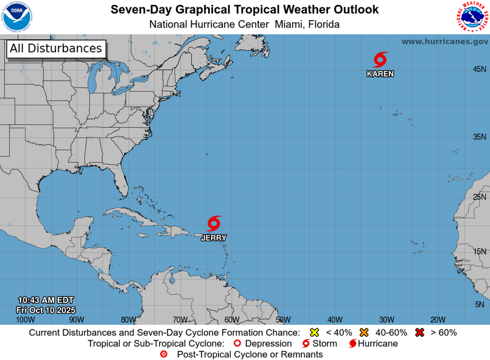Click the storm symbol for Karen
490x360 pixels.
click(380, 60)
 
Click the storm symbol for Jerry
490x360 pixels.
click(214, 224)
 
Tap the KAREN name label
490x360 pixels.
click(380, 74)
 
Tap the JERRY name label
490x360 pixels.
click(214, 238)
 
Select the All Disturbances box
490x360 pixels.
click(56, 49)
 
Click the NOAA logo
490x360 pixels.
click(17, 16)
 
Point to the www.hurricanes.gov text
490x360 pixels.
click(444, 41)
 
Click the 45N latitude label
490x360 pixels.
click(479, 69)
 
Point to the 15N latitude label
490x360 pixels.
click(479, 251)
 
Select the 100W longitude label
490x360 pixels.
click(25, 319)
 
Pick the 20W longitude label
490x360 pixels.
click(438, 319)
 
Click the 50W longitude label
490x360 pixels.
click(283, 319)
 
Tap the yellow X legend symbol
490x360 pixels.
click(315, 333)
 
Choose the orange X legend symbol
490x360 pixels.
click(365, 333)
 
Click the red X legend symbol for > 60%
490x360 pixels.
click(419, 333)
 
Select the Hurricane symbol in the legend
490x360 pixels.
click(352, 344)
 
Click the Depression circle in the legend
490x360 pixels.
click(237, 344)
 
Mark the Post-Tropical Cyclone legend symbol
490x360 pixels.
click(163, 354)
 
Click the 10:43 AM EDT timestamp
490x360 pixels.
click(46, 300)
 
